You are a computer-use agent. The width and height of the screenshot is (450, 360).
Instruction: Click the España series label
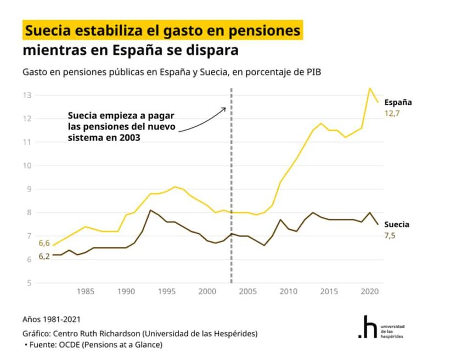point(398,102)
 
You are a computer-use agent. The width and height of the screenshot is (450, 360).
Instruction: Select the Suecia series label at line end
point(396,224)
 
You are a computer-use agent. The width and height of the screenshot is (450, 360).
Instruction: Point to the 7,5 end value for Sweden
point(390,235)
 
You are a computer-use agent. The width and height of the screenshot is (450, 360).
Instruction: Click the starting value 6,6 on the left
point(44,243)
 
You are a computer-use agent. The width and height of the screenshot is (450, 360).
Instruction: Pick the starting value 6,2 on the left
point(44,256)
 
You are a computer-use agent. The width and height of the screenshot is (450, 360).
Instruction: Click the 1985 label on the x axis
point(85,291)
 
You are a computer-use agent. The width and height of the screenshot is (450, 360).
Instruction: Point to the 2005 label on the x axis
point(247,291)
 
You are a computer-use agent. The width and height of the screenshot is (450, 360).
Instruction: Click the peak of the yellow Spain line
point(369,88)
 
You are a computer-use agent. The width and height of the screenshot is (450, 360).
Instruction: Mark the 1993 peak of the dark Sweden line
point(150,210)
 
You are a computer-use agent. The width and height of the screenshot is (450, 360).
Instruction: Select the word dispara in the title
point(215,51)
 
